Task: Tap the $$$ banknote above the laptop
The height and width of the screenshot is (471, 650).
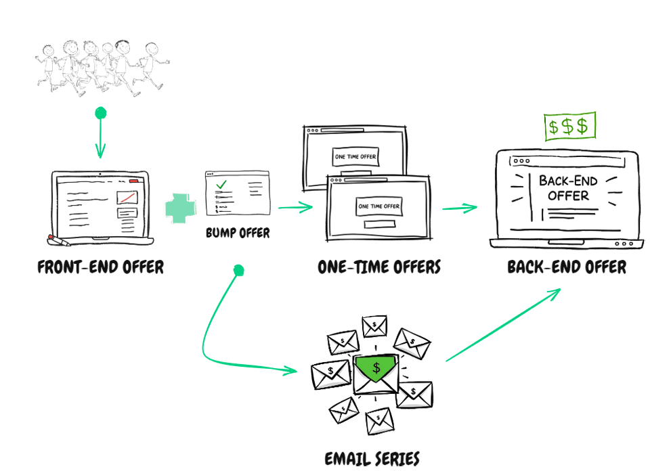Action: click(x=571, y=126)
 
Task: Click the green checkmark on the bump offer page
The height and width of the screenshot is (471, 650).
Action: click(x=221, y=184)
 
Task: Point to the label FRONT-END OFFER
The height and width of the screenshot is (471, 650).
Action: click(x=100, y=267)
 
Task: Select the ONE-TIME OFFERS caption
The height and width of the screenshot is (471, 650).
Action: click(x=379, y=267)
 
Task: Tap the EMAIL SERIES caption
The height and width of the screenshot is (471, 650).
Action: click(x=372, y=458)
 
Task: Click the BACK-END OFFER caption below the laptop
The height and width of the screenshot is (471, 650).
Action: click(x=567, y=267)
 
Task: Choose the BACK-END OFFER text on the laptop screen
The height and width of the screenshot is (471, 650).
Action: click(x=564, y=188)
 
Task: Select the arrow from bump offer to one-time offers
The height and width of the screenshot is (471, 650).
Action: click(x=295, y=207)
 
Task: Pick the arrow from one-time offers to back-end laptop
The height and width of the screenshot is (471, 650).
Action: click(x=460, y=208)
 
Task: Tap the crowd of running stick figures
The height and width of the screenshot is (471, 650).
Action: click(x=102, y=66)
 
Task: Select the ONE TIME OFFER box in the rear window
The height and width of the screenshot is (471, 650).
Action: click(x=355, y=157)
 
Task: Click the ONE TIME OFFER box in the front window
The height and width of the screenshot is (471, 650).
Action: click(x=378, y=206)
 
